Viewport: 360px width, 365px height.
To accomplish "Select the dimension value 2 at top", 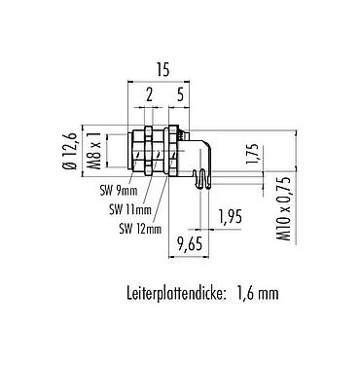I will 147,94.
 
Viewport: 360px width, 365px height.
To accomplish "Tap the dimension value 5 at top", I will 181,94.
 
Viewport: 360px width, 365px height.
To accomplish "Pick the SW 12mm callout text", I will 138,229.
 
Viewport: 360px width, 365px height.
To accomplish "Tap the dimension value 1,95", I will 230,215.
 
